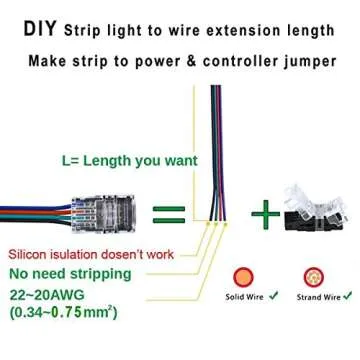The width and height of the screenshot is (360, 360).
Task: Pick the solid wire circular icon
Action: pos(240,277)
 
